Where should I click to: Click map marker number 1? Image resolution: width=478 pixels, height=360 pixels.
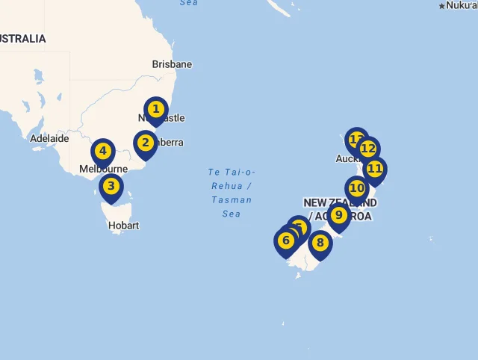coord(155,110)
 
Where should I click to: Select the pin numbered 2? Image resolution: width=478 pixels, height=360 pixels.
coord(145,143)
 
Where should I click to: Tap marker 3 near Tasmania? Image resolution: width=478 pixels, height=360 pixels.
coord(111,187)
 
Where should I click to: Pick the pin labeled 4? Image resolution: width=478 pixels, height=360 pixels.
coord(103,151)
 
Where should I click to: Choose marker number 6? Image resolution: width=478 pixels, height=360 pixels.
coord(285,240)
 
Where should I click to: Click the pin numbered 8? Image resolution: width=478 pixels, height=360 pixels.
coord(320,243)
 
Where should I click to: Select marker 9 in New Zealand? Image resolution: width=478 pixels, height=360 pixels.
coord(338,216)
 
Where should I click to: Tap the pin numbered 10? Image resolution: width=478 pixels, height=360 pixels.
coord(356,188)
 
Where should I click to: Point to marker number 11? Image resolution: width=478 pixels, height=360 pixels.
coord(374,169)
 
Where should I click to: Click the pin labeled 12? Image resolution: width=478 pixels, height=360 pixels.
coord(368,149)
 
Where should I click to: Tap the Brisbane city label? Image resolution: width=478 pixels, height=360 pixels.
coord(172,64)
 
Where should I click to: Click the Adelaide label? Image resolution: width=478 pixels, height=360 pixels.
coord(49,138)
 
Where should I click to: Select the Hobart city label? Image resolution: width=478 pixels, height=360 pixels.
coord(123,226)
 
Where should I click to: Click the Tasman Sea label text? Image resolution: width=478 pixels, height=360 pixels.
coord(232,193)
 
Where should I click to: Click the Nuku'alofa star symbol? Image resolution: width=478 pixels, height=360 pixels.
coord(441,6)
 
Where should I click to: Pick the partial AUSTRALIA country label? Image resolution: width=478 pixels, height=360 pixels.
coord(22,39)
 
